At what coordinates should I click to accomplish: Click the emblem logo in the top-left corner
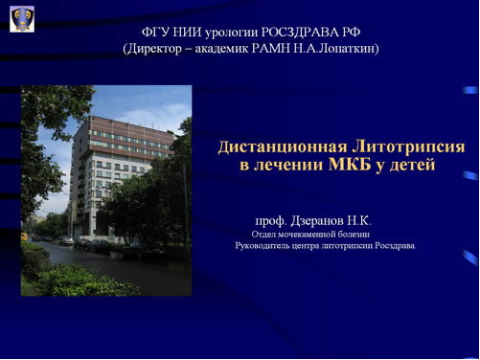[x=22, y=18]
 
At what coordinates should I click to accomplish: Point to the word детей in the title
[x=412, y=165]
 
